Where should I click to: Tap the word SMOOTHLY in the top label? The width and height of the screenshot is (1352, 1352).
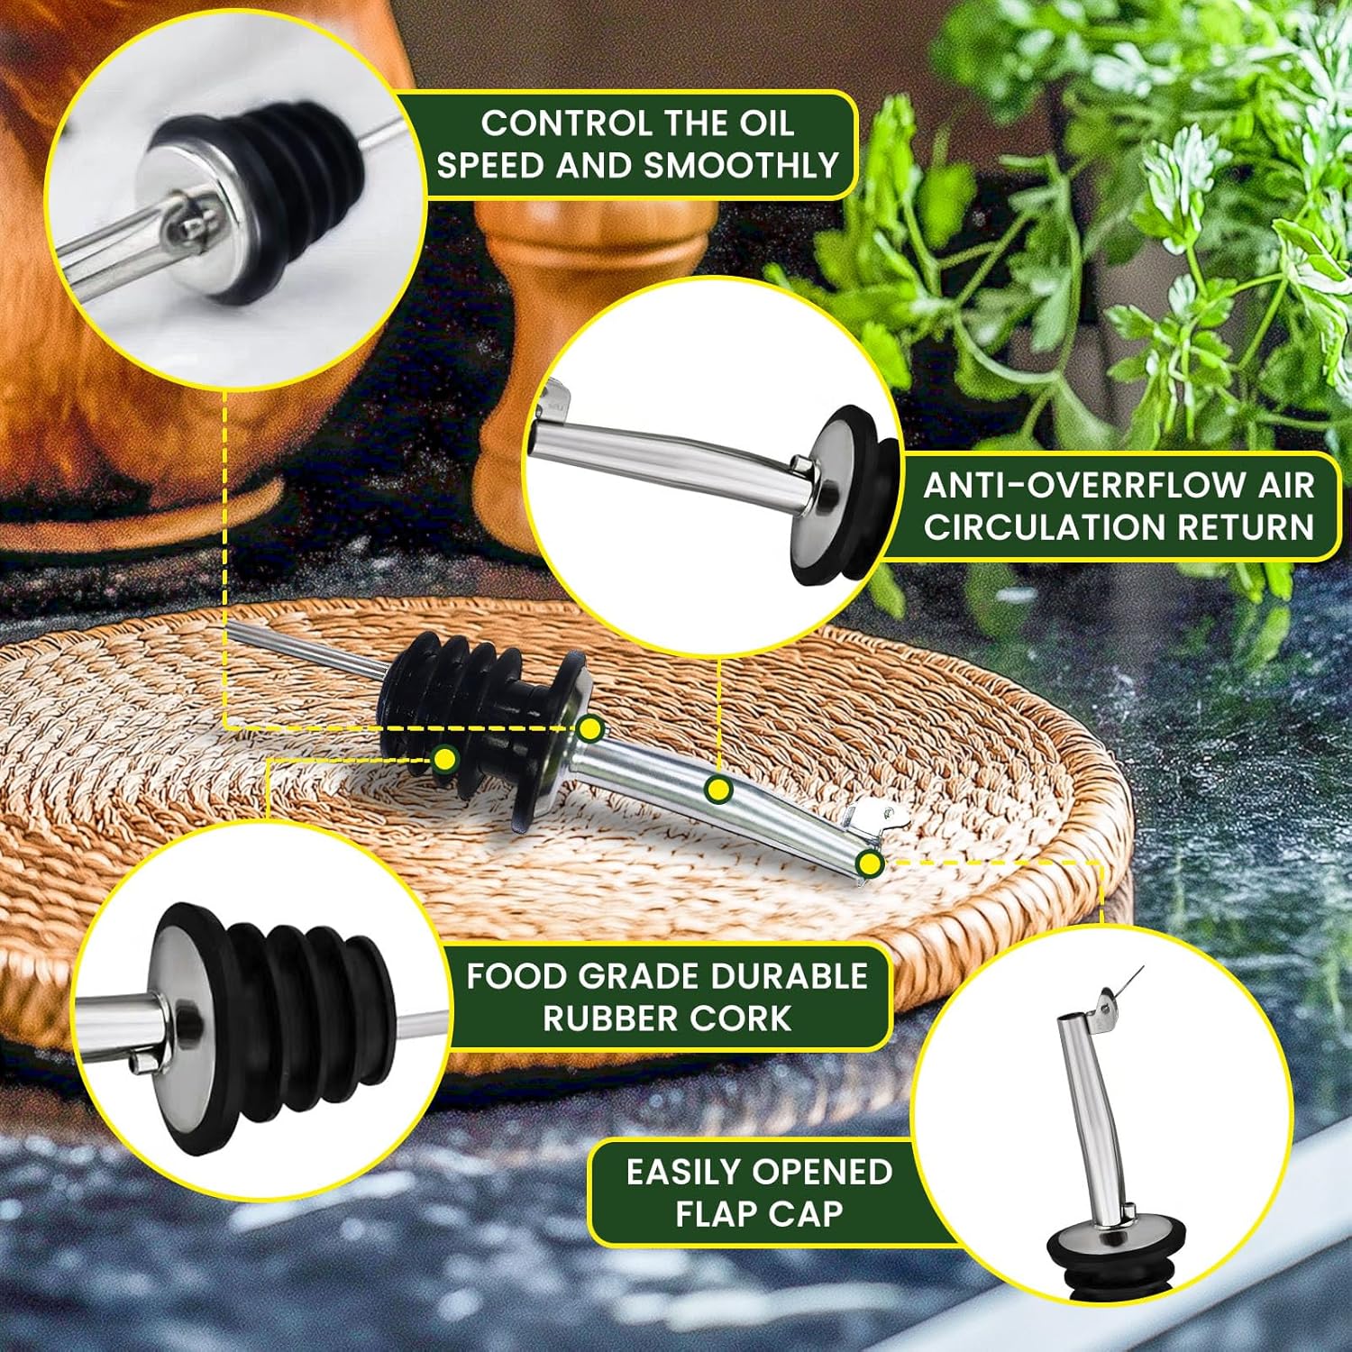742,167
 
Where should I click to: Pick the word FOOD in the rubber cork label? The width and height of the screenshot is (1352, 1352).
516,977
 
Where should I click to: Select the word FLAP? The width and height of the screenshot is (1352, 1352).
718,1214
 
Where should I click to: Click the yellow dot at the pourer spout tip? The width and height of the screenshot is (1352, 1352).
870,864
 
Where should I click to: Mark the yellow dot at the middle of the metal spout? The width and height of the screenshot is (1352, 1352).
718,790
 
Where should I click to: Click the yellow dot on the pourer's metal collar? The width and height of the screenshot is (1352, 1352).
590,728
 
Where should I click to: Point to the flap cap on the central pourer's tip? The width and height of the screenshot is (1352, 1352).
872,818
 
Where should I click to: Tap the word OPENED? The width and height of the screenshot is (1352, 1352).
823,1173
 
